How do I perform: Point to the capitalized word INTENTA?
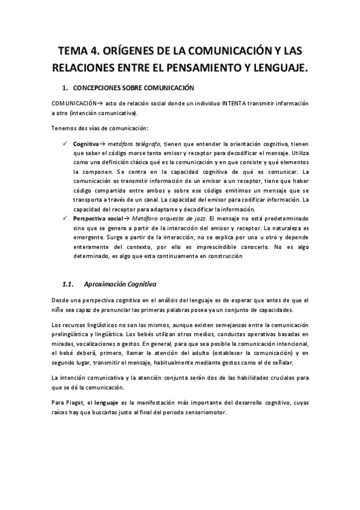[x=234, y=103]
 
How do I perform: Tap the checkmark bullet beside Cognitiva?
[x=66, y=144]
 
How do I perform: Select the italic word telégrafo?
[x=147, y=144]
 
